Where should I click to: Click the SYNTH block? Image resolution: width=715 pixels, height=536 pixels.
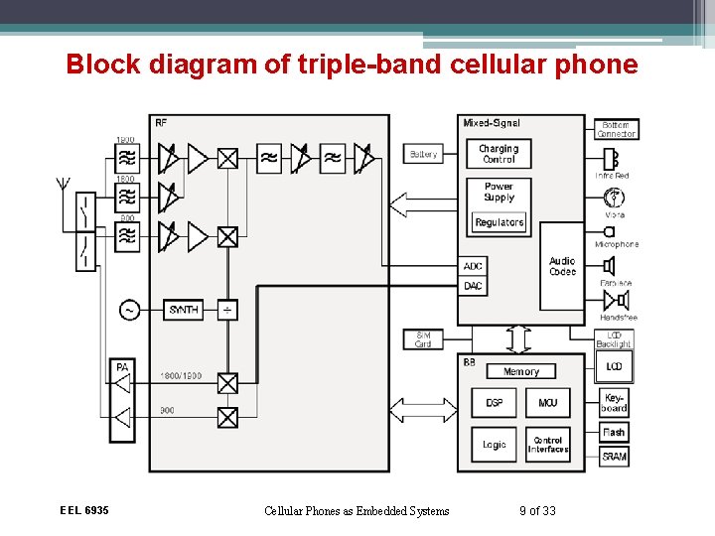click(184, 310)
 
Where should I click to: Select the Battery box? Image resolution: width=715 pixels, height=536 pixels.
click(423, 154)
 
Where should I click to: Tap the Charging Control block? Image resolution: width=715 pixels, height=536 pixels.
click(499, 154)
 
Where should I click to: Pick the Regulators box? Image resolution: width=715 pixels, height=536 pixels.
click(499, 222)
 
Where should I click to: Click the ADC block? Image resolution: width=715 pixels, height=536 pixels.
click(473, 266)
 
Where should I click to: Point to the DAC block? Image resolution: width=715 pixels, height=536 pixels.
click(473, 286)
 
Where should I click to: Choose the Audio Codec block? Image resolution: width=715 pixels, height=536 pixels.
click(562, 266)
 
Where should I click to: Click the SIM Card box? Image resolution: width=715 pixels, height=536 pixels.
click(423, 339)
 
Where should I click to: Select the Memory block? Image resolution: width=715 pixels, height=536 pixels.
click(520, 371)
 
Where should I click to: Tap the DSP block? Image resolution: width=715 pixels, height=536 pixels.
click(494, 403)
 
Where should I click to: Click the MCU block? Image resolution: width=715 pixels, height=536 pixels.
click(547, 403)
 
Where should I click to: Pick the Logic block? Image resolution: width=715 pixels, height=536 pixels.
click(494, 445)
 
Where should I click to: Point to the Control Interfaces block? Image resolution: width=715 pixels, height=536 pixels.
click(547, 445)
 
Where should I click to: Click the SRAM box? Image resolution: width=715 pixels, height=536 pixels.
click(614, 457)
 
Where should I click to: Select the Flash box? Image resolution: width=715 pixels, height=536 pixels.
click(614, 432)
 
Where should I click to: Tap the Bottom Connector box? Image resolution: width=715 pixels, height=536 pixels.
click(616, 129)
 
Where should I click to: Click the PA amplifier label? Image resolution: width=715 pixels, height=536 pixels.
click(122, 368)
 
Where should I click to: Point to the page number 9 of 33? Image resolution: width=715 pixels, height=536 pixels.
click(537, 511)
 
